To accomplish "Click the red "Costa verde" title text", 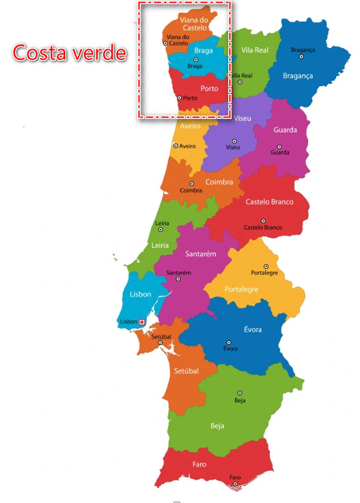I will point(70,53).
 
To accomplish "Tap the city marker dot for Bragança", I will point(302,57).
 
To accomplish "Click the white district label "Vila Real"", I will point(255,51).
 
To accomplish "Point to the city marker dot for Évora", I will point(229,342).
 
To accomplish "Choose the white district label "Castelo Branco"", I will point(269,202).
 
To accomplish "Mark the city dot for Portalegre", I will point(266,267).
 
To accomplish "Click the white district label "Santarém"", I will point(201,254).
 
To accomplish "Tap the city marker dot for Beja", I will point(239,393).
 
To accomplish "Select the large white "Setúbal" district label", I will point(186,371).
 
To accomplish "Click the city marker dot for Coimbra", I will point(191,183).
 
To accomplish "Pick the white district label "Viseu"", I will point(243,118).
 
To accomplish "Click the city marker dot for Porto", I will point(180,98).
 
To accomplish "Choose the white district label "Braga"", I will point(194,50).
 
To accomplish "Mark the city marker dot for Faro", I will point(235,484).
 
